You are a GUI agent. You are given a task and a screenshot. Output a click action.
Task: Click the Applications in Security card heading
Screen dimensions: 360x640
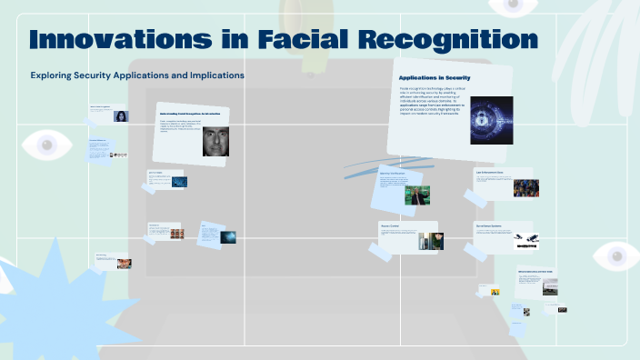point(435,78)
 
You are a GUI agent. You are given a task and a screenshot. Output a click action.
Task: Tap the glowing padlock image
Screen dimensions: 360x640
point(491,120)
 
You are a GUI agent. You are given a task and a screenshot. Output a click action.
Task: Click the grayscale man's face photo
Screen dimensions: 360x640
point(215,141)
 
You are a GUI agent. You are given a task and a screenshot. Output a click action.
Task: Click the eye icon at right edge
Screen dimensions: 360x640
point(617,256)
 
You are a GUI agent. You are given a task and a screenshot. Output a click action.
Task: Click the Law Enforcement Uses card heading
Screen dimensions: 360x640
point(489,171)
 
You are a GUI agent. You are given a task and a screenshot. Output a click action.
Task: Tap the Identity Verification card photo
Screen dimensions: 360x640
point(417,195)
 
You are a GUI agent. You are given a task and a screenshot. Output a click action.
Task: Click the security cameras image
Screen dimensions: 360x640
point(525,241)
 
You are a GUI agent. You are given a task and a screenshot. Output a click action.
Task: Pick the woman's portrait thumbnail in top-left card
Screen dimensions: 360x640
point(120,115)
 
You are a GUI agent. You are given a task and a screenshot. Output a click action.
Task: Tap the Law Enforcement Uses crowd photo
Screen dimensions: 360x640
point(525,188)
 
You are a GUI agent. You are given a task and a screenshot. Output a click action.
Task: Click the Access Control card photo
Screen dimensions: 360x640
point(430,241)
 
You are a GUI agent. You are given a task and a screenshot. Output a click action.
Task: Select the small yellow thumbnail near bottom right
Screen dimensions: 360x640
point(495,292)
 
